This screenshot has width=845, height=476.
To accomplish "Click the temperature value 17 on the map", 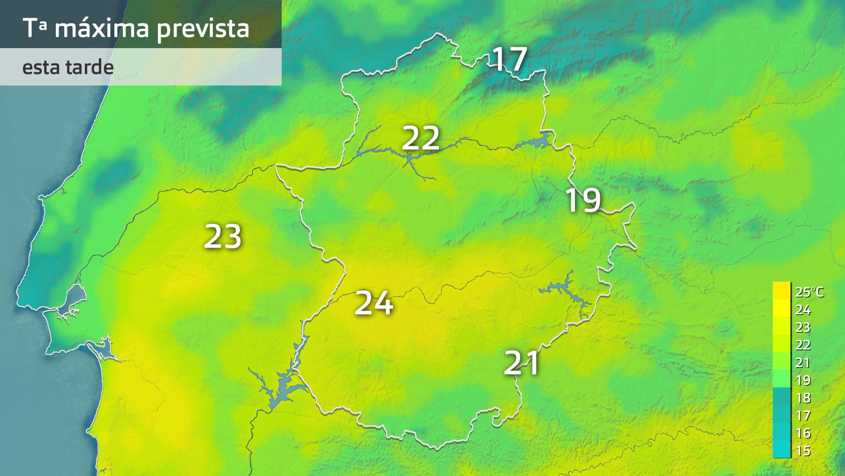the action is (509, 59).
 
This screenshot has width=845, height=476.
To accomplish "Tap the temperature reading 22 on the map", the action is (420, 138).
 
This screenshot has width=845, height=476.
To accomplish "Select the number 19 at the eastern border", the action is (583, 200).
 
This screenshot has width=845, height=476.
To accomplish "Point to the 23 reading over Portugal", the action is (223, 236).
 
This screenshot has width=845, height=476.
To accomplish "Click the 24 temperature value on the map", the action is (374, 303).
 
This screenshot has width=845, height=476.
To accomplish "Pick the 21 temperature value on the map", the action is (522, 363).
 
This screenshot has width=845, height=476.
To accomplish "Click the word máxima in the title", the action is (102, 28).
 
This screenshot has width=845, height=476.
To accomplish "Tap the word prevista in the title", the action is (203, 29).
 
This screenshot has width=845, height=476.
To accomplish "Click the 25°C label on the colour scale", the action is (809, 292).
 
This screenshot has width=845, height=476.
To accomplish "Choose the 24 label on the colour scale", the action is (803, 310).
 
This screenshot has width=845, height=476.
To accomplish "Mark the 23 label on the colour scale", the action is (803, 327).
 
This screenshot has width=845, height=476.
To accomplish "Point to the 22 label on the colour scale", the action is (803, 345).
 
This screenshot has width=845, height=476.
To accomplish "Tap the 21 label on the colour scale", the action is (803, 363).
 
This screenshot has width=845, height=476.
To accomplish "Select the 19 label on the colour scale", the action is (803, 380).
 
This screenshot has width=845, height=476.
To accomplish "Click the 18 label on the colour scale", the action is (803, 398).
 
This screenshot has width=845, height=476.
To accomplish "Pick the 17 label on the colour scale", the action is (803, 416).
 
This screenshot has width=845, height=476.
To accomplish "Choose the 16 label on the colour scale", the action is (803, 433).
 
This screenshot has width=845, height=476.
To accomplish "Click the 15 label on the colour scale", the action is (803, 451).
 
